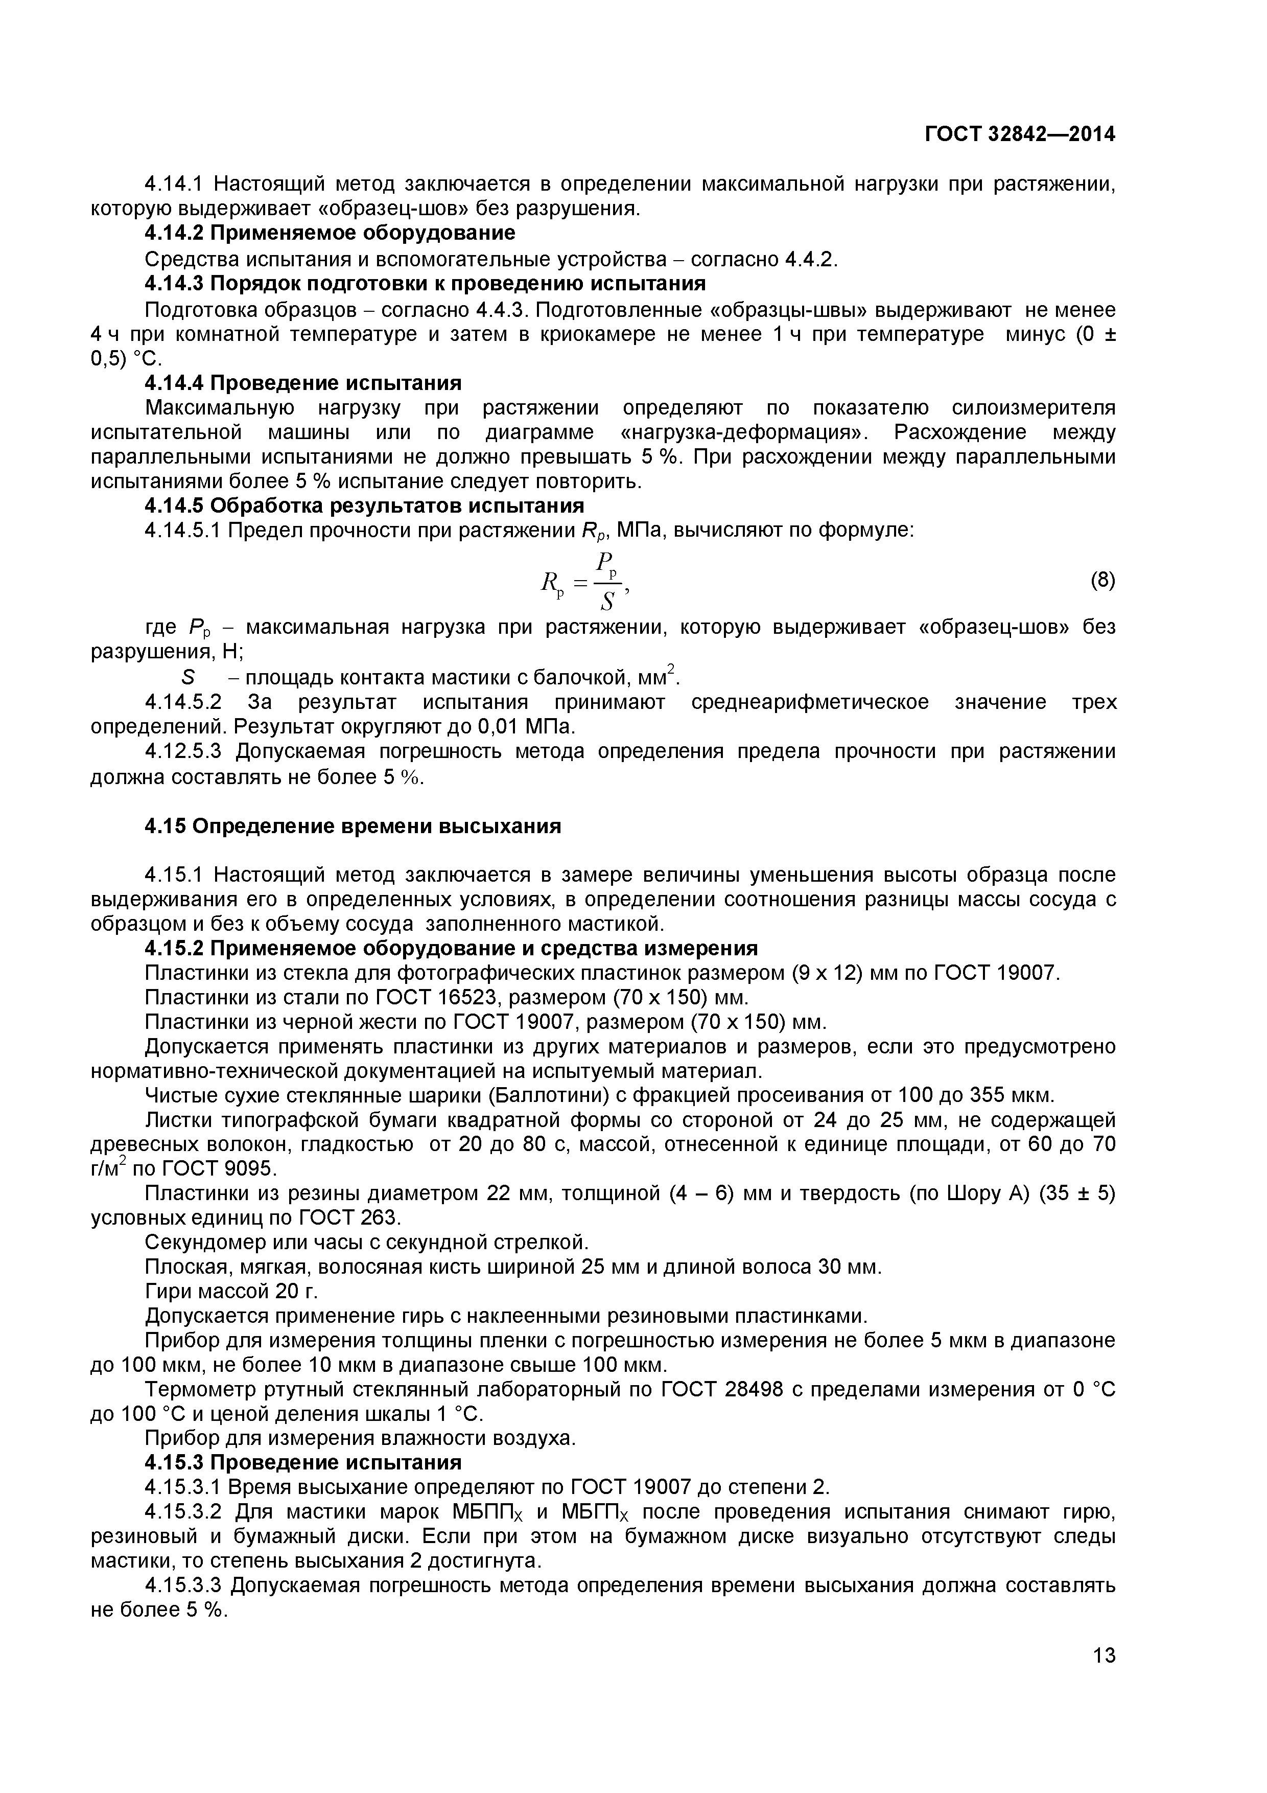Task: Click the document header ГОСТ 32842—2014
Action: (x=1020, y=134)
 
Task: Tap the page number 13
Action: (x=1104, y=1677)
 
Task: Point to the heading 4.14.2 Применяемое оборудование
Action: (x=330, y=233)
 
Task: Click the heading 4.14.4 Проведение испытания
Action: (x=303, y=383)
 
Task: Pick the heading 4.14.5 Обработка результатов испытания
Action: (x=365, y=505)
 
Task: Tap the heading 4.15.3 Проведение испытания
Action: (x=303, y=1462)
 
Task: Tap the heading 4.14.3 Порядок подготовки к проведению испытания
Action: (x=426, y=283)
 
